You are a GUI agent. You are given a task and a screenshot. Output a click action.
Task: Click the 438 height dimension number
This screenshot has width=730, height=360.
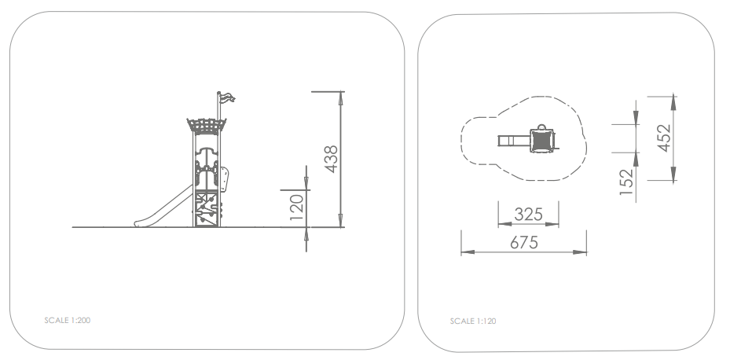(x=332, y=160)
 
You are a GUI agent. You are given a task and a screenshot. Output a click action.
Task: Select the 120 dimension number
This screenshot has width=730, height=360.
(x=296, y=208)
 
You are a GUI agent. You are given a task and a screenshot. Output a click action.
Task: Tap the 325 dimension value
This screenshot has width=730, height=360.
(x=528, y=215)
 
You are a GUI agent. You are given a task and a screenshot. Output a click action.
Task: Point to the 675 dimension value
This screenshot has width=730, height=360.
(x=524, y=242)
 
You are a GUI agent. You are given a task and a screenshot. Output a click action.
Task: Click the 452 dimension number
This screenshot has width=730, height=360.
(x=664, y=138)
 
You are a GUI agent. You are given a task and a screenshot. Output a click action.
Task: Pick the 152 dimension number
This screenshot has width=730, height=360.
(x=626, y=182)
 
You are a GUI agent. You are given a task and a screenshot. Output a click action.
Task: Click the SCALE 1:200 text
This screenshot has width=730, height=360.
(x=68, y=321)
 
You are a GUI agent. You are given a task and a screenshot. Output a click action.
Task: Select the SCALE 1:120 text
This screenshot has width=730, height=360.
(x=473, y=321)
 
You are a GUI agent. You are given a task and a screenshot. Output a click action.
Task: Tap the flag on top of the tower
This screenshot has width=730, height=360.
(x=227, y=97)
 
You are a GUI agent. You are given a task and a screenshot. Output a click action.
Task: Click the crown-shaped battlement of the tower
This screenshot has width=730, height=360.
(x=206, y=127)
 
